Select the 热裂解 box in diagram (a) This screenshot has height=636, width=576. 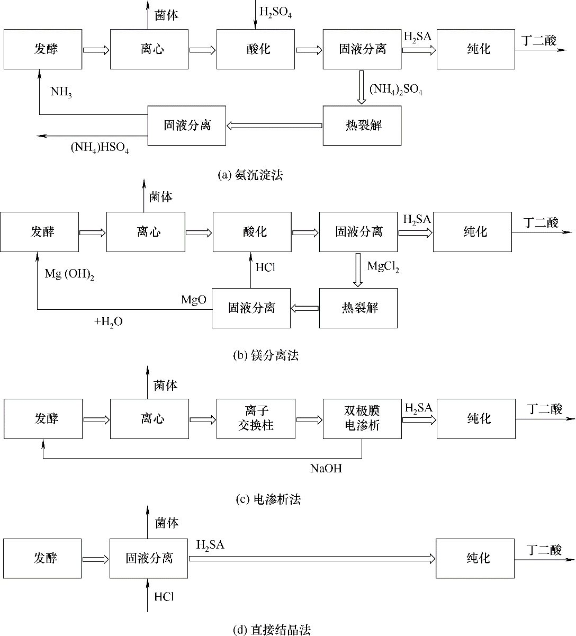coord(362,126)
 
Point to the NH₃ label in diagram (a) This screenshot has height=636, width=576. coord(61,92)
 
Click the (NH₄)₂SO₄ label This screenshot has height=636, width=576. coord(396,89)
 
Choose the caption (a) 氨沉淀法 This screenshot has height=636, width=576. coord(250,174)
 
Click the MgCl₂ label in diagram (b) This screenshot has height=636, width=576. coord(383,267)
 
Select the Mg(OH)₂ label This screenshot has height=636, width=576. coord(69,274)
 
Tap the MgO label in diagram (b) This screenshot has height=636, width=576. coord(193,300)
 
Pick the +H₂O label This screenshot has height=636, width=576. coord(109,321)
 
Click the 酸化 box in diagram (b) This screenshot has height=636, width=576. coord(252,231)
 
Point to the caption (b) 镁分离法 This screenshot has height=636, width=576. coord(266,355)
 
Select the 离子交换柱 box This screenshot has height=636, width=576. coord(256,418)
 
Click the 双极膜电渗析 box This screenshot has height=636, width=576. coord(362,418)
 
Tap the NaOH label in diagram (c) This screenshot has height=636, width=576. coord(326,468)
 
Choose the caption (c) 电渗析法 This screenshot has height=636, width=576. coord(268,499)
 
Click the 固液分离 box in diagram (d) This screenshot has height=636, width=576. coord(149,558)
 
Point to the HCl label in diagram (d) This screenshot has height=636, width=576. coord(164,596)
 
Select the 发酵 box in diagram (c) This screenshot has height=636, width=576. coord(43,418)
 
